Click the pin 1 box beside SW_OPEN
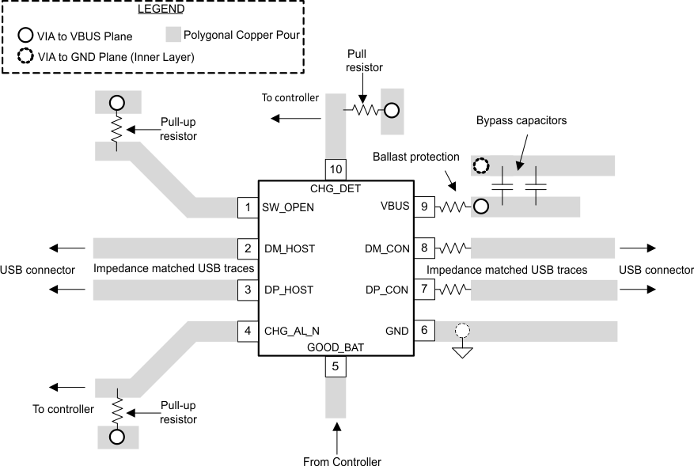tap(248, 208)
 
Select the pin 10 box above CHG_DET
tap(336, 169)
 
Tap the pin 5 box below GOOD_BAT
tap(336, 367)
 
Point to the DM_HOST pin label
tap(290, 249)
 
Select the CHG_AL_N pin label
tap(293, 331)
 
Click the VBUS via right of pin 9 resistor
tap(480, 208)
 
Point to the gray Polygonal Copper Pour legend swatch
tap(175, 36)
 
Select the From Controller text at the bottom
tap(342, 461)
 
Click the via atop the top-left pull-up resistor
tap(117, 103)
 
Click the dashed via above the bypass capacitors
tap(480, 167)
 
